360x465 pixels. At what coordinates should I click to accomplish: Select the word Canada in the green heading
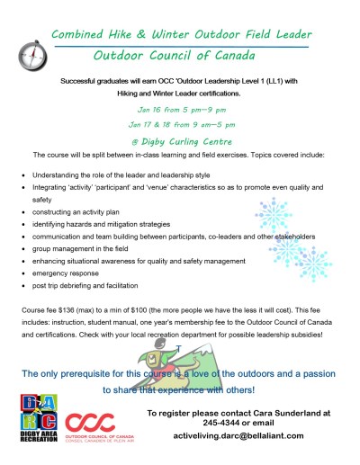(x=255, y=54)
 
